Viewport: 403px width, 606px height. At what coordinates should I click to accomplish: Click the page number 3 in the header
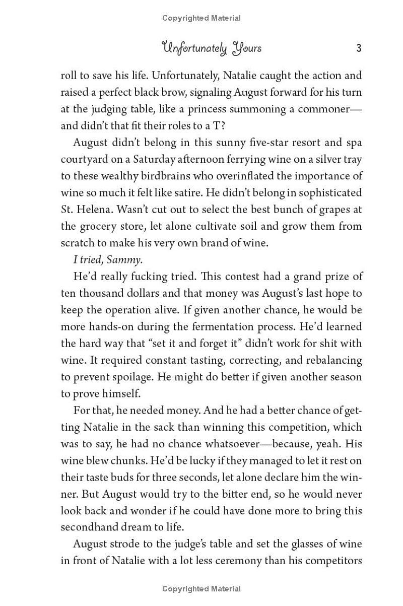click(x=359, y=48)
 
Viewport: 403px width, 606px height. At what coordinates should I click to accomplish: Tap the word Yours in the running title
click(x=247, y=48)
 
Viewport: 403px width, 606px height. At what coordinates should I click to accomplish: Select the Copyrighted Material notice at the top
click(x=201, y=18)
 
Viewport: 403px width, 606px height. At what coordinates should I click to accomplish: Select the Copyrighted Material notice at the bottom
click(x=201, y=588)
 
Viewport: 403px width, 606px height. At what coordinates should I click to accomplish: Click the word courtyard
click(x=84, y=159)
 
